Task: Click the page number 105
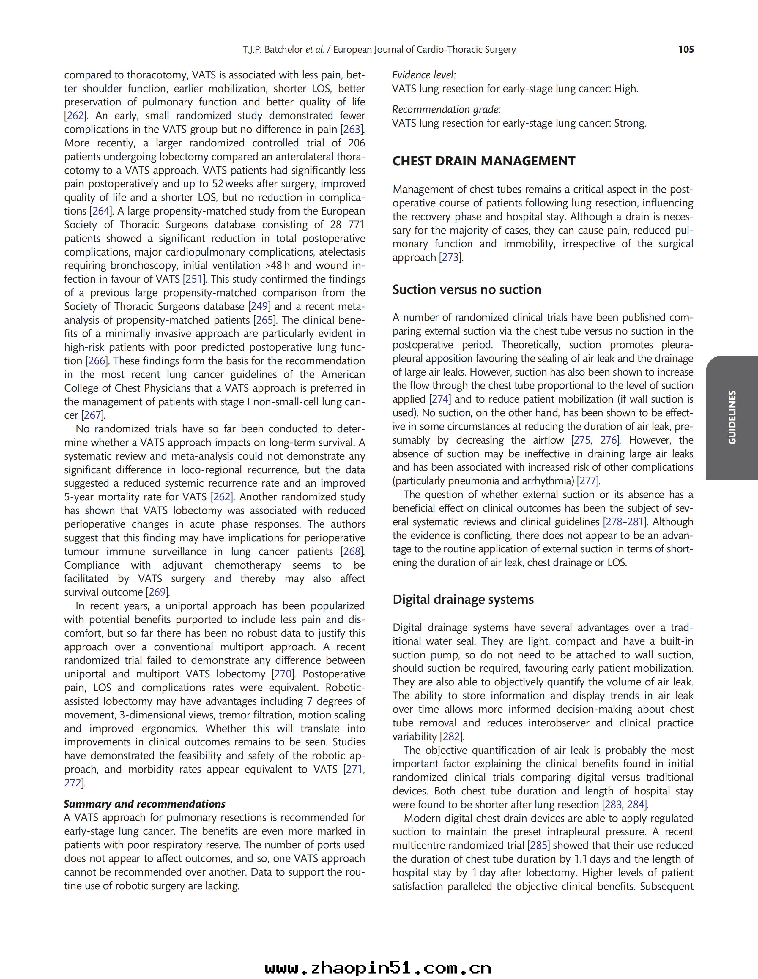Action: coord(686,49)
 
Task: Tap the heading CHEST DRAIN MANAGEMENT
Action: coord(484,161)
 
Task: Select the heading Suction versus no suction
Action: coord(467,290)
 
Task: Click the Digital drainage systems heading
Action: coord(463,599)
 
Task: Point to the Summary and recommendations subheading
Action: coord(144,804)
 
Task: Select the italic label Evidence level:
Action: coord(424,75)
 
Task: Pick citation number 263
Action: coord(352,130)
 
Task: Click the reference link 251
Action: coord(194,279)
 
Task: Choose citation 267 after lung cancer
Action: coord(92,415)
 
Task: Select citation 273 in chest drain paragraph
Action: coord(450,258)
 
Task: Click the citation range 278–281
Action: coord(624,522)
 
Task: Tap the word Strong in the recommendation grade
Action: coord(630,123)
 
